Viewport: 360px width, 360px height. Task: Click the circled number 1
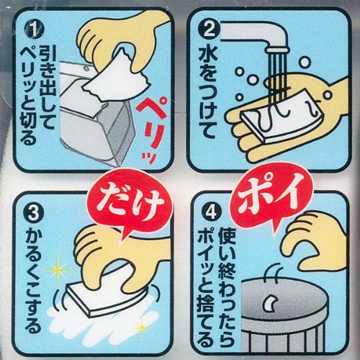coord(35,32)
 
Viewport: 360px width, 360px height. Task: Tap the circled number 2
coord(207,32)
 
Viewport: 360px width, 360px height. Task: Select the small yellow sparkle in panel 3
coord(142,328)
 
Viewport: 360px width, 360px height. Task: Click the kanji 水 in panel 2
coord(207,55)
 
